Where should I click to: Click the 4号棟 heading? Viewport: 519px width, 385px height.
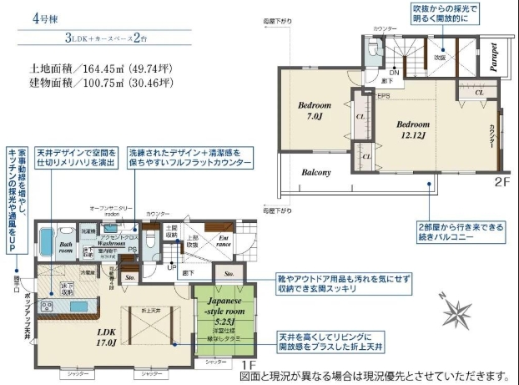[28, 17]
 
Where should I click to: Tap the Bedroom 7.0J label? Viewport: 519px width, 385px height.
[315, 111]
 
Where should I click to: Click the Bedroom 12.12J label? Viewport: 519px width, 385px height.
[411, 127]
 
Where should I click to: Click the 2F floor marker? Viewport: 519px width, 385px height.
[499, 181]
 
